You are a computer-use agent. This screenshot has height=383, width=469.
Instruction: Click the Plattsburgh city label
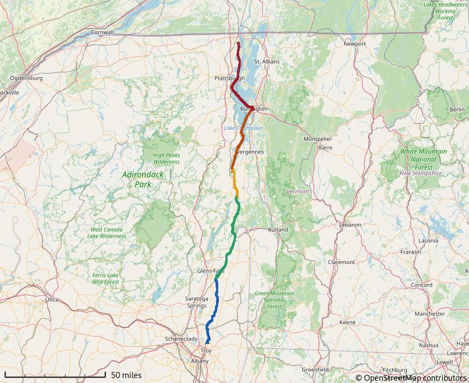click(229, 79)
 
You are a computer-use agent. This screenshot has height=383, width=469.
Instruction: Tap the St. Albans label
click(267, 62)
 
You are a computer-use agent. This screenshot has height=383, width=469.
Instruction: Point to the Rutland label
click(278, 229)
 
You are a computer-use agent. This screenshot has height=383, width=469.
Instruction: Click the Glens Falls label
click(211, 271)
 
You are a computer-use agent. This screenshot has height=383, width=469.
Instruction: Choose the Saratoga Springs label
click(197, 302)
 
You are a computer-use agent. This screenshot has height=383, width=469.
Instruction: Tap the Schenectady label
click(181, 339)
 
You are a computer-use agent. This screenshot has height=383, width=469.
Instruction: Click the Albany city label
click(200, 361)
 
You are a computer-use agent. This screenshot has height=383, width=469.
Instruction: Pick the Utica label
click(51, 299)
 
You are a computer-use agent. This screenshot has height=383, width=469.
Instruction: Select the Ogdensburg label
click(26, 78)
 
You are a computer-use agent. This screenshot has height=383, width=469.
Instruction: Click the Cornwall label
click(102, 32)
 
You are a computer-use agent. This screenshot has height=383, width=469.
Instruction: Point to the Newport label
click(355, 43)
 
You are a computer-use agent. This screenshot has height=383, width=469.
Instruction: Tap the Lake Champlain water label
click(243, 128)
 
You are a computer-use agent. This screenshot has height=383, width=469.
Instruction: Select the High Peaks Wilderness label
click(167, 158)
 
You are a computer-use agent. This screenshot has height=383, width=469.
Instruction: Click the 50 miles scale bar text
click(126, 375)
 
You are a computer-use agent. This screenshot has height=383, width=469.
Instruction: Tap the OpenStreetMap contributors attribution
click(411, 377)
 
